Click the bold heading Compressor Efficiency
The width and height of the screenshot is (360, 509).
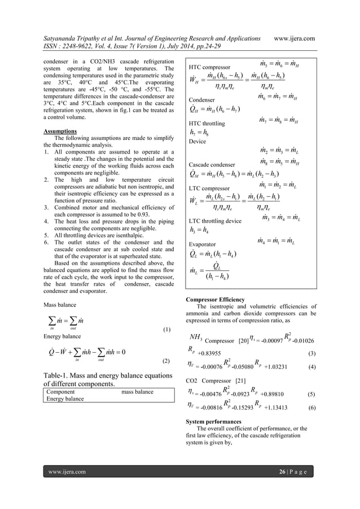click(215, 299)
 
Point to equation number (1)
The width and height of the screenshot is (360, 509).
click(166, 329)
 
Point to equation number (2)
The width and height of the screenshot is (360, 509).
click(166, 359)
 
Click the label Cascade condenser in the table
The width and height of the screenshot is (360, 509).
click(212, 164)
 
